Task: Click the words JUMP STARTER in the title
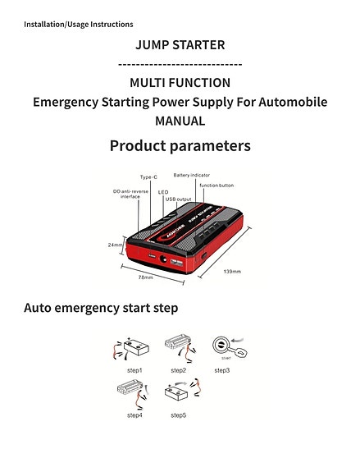[x=180, y=44]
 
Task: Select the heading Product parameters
[x=180, y=146]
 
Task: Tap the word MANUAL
[x=180, y=121]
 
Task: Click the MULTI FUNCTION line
[x=180, y=82]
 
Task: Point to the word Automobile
[x=288, y=102]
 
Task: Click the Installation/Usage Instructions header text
[x=79, y=24]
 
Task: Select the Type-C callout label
[x=148, y=177]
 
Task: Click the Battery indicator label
[x=193, y=175]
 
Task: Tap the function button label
[x=216, y=185]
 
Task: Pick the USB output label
[x=178, y=199]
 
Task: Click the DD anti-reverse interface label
[x=131, y=194]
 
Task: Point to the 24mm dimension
[x=115, y=245]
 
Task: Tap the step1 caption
[x=134, y=370]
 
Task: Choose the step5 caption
[x=178, y=415]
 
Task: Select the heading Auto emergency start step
[x=101, y=308]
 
